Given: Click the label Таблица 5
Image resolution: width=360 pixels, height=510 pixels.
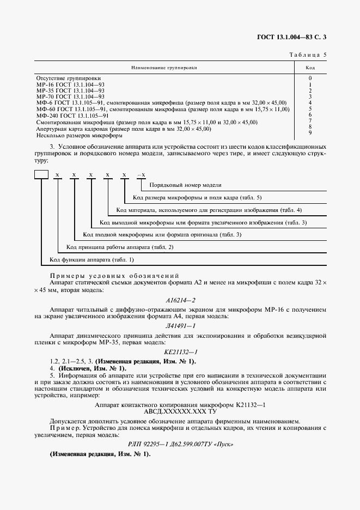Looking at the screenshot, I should (306, 55).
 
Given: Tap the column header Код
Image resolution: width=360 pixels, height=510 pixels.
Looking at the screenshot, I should (310, 68).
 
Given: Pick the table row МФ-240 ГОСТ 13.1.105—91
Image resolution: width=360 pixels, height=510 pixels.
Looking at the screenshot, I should (72, 116).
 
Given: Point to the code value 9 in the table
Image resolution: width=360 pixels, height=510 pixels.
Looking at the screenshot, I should (310, 132).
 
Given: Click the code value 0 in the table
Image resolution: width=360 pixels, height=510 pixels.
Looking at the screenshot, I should (310, 78).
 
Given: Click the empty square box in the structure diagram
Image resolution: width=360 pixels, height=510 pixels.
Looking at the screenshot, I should (41, 175).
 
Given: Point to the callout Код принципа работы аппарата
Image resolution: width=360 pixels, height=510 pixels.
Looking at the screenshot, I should (104, 247).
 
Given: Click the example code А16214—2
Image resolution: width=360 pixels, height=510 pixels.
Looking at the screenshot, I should (180, 300).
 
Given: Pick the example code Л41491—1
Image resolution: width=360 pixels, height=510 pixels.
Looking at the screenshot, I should (180, 325).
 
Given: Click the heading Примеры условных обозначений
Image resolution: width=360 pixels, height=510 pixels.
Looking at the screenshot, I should (114, 276).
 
